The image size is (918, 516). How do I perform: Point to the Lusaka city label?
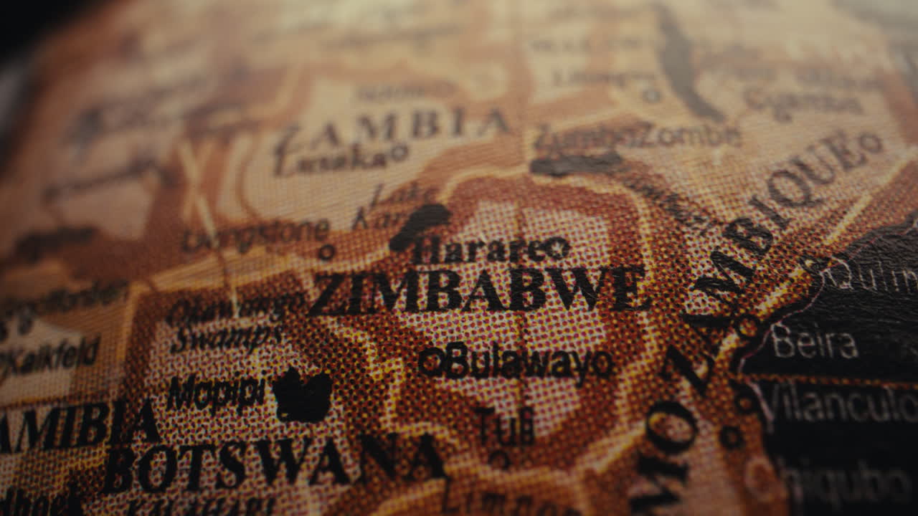333,159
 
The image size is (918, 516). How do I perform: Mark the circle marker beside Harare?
554,249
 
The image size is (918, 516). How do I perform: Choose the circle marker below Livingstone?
326,252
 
